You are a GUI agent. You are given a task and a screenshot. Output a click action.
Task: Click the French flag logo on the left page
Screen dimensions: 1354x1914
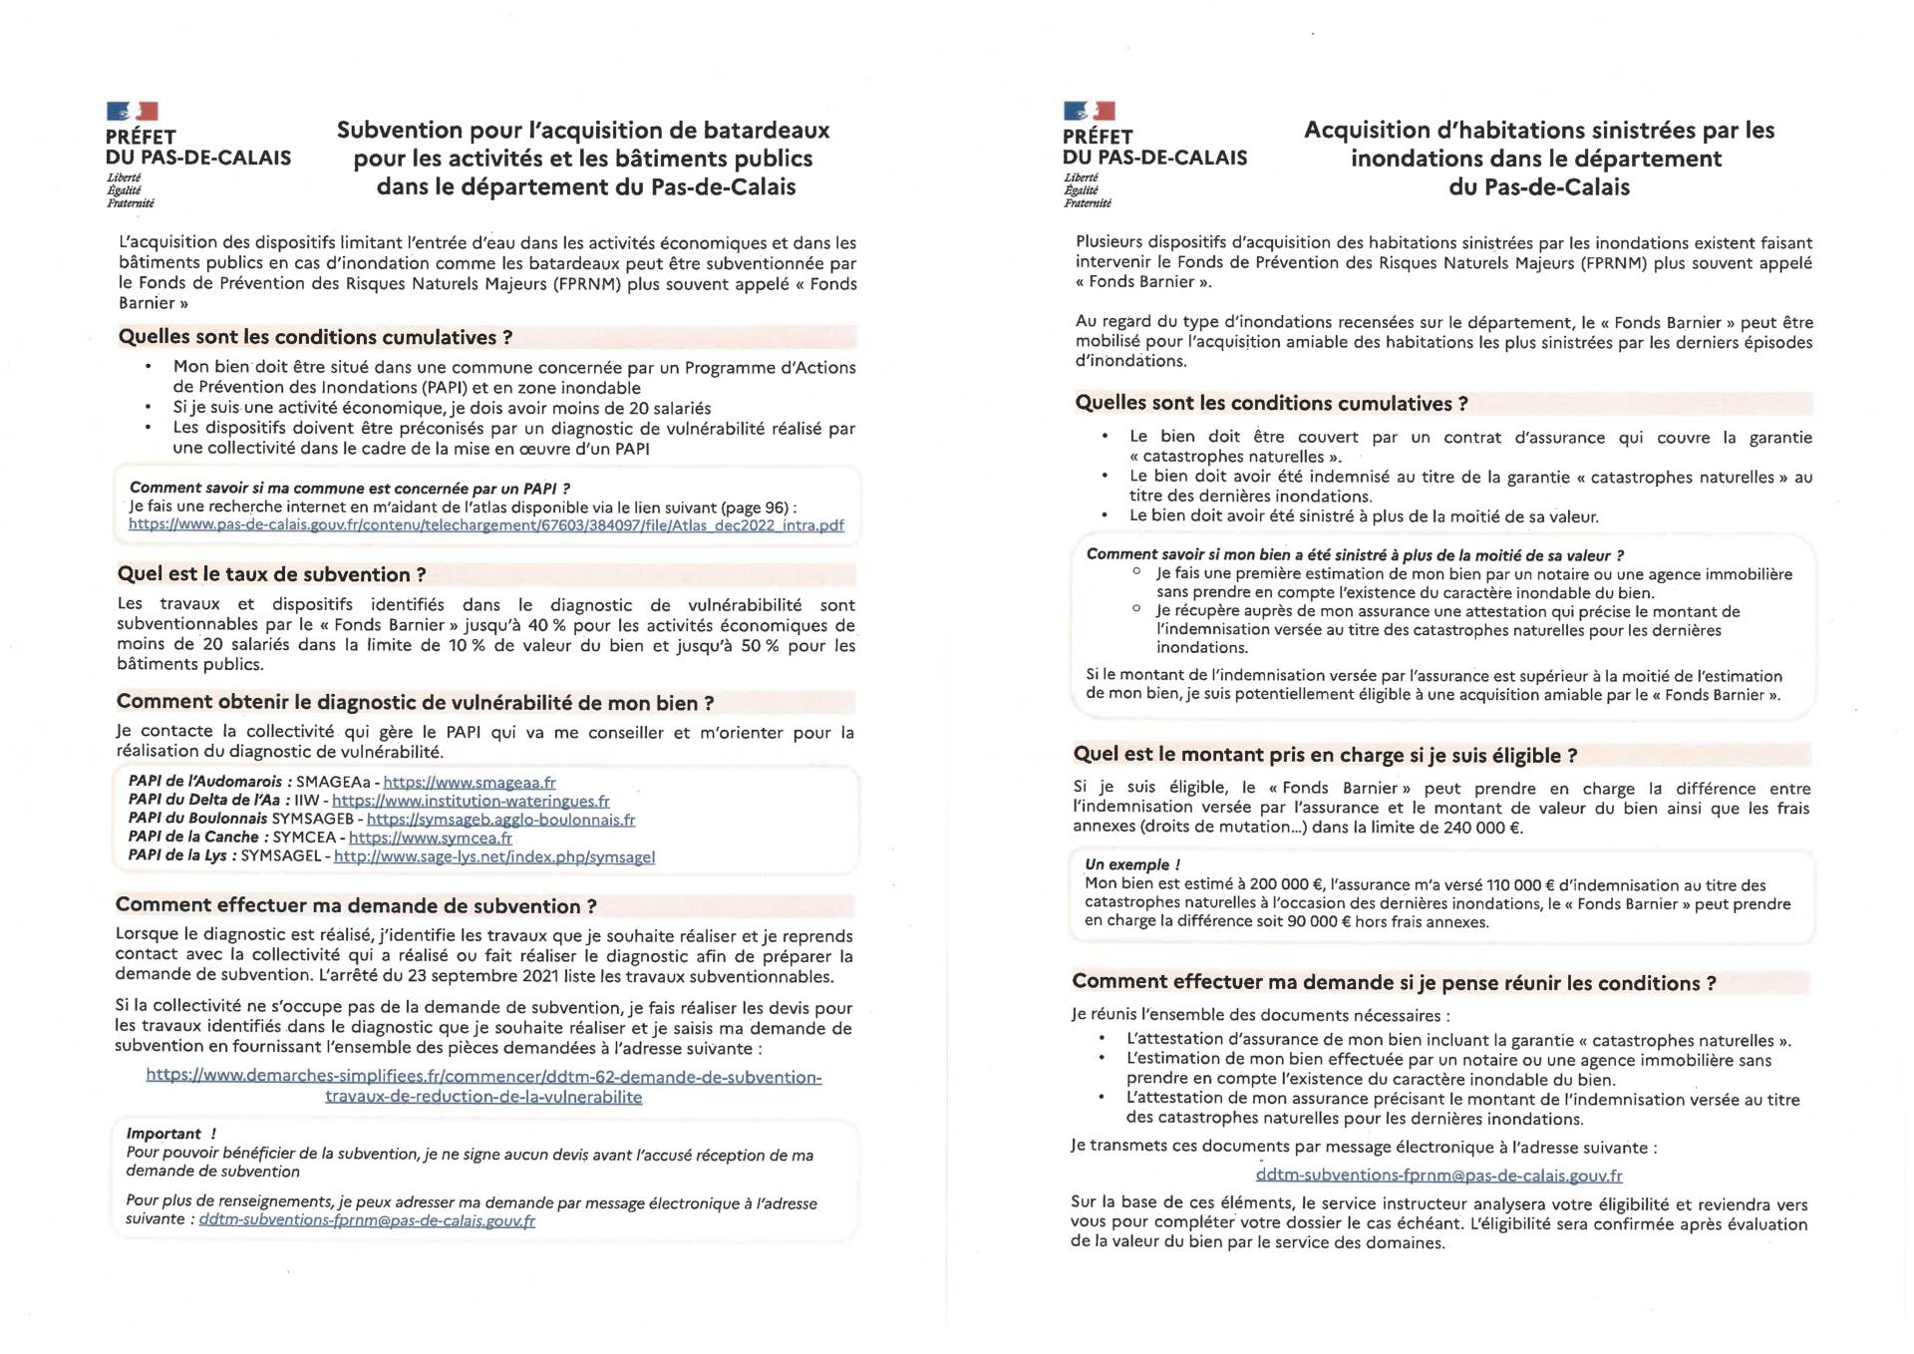[132, 111]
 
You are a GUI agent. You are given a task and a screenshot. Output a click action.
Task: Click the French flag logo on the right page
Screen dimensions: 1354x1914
[1089, 111]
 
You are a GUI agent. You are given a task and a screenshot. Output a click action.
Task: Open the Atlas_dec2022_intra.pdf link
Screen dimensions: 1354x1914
[485, 525]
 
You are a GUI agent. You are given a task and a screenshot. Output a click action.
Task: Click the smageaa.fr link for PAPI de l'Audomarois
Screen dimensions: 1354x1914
[470, 783]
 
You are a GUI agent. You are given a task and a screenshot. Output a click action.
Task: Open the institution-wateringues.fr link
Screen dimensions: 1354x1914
[471, 801]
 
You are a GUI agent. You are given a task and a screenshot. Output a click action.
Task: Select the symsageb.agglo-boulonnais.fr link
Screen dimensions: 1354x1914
[500, 820]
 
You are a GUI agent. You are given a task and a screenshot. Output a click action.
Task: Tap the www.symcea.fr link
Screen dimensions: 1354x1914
[431, 838]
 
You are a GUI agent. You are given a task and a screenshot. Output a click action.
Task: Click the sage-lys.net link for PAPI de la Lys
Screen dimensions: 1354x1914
[494, 856]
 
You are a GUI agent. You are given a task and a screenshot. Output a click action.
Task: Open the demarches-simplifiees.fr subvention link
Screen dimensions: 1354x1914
[483, 1087]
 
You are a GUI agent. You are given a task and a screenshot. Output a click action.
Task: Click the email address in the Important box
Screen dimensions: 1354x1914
[367, 1220]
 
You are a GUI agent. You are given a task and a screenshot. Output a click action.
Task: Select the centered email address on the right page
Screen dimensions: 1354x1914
[1438, 1176]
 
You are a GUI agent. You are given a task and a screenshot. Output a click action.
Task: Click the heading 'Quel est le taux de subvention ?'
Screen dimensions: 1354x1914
[272, 575]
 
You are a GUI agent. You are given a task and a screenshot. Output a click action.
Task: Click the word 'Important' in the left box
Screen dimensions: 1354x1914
[164, 1134]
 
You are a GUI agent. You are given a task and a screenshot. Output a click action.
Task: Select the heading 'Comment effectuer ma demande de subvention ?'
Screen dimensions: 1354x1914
[356, 906]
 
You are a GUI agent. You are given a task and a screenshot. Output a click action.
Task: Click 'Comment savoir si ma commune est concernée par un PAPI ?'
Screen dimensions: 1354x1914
[350, 489]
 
